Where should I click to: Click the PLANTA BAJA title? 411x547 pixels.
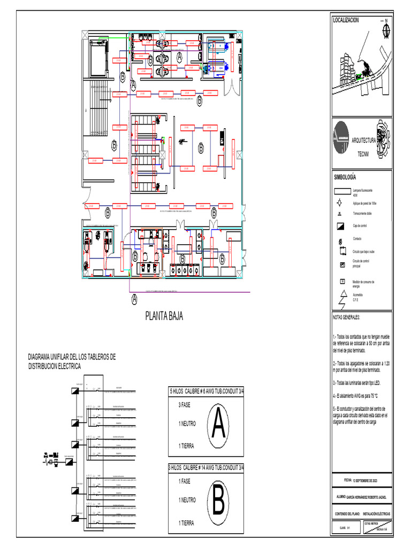click(x=164, y=317)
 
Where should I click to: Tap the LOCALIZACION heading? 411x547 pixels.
click(x=346, y=20)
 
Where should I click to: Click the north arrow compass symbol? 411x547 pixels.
click(x=386, y=30)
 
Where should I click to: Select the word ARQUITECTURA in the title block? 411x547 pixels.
click(x=364, y=140)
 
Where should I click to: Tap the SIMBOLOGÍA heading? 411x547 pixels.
click(x=345, y=177)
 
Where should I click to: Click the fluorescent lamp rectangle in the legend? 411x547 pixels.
click(x=342, y=191)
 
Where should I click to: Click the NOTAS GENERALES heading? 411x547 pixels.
click(x=347, y=317)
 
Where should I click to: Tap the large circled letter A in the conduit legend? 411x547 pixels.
click(x=217, y=424)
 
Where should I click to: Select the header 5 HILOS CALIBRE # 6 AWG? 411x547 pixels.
click(x=205, y=391)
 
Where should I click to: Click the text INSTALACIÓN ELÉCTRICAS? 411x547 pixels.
click(x=376, y=513)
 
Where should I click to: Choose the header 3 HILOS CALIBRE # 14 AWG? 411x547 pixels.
click(x=205, y=467)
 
